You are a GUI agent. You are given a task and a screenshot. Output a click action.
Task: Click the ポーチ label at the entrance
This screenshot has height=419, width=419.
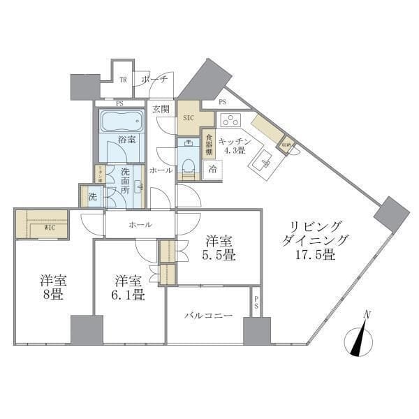coord(154,80)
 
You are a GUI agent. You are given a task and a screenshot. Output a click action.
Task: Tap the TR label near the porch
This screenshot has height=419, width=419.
coord(123,80)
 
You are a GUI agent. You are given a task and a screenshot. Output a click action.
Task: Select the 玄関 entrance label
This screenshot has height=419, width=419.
coord(162,110)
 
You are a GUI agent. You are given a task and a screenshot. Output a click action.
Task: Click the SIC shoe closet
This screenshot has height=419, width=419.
coord(189,118)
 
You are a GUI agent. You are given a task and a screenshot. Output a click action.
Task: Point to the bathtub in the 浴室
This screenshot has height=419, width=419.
coord(121,122)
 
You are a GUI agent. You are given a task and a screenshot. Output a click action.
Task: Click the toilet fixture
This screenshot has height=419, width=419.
coord(188,166)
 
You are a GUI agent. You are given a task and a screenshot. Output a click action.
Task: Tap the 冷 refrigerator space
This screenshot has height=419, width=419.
coord(212,168)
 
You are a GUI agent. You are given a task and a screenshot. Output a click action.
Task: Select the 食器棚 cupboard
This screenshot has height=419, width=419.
coord(207,145)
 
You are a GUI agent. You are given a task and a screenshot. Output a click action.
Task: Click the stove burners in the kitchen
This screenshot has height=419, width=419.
coord(230,119)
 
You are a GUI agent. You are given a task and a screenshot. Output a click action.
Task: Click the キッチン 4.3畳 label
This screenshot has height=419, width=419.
coord(230,145)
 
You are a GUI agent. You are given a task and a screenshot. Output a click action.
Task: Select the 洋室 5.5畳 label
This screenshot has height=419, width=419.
coord(219,248)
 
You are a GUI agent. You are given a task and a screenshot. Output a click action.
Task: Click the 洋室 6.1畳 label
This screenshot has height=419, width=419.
coord(129,288)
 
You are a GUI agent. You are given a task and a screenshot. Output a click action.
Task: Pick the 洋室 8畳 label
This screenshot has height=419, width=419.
coord(52,288)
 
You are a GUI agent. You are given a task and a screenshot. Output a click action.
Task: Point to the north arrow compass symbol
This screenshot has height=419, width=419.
coord(360,340)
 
